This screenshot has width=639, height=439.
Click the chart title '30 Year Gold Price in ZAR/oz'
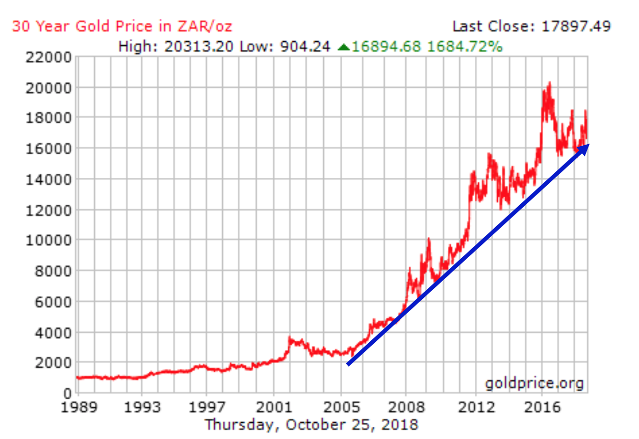(122, 26)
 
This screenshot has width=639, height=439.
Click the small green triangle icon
(344, 47)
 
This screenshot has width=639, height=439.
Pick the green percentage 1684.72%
(465, 47)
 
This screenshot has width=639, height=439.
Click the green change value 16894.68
(387, 47)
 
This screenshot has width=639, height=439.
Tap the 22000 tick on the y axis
(48, 57)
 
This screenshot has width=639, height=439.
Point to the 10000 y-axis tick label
(48, 240)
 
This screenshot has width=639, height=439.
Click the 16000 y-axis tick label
(48, 149)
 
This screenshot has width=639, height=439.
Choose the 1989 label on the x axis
(78, 407)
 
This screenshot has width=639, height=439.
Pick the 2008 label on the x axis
(406, 407)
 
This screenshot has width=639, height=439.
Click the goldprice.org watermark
(534, 383)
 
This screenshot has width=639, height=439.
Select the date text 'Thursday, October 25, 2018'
(311, 424)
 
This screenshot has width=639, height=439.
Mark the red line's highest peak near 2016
(549, 83)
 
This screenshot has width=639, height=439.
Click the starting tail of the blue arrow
(348, 364)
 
